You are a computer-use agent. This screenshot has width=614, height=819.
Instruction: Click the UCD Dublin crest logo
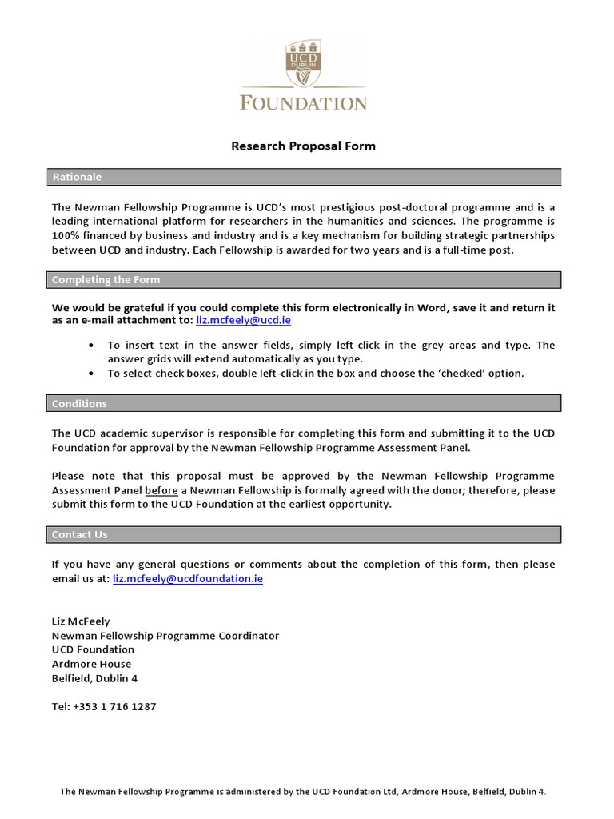pyautogui.click(x=303, y=66)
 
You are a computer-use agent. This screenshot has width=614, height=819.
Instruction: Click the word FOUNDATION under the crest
pyautogui.click(x=303, y=103)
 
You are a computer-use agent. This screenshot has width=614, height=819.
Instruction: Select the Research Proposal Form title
pyautogui.click(x=303, y=146)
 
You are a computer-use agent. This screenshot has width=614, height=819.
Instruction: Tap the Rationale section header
pyautogui.click(x=77, y=177)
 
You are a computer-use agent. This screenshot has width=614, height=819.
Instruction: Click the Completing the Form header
pyautogui.click(x=106, y=279)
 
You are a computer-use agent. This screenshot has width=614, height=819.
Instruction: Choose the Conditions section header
pyautogui.click(x=79, y=403)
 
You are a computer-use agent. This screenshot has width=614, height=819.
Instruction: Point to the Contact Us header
pyautogui.click(x=79, y=534)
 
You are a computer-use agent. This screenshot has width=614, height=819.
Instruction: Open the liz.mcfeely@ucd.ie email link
pyautogui.click(x=243, y=320)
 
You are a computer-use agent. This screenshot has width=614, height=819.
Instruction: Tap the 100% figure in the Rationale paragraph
pyautogui.click(x=66, y=235)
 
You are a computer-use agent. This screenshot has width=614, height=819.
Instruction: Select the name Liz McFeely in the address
pyautogui.click(x=80, y=621)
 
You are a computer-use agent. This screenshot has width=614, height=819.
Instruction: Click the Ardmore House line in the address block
pyautogui.click(x=91, y=664)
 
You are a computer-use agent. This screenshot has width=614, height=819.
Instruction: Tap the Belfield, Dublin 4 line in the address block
pyautogui.click(x=94, y=678)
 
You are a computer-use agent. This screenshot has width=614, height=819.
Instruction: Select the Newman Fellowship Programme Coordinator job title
pyautogui.click(x=165, y=635)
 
